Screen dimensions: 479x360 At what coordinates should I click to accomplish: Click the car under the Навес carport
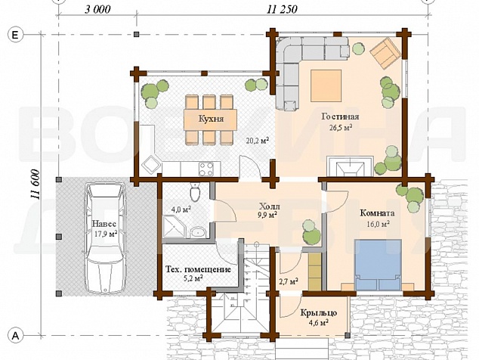coord(104,237)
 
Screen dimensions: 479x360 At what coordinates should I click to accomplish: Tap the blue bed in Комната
coord(378,265)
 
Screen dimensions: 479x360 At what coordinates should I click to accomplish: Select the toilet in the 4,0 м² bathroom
coord(195,191)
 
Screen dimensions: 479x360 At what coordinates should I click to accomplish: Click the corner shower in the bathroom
coord(174,226)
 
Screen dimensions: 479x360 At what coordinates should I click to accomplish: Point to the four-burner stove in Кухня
coord(206,169)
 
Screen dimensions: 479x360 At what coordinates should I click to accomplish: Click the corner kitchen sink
coord(151,165)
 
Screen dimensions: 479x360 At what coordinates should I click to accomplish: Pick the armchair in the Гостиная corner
coord(385,53)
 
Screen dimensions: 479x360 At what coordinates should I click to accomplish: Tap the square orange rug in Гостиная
coord(326,85)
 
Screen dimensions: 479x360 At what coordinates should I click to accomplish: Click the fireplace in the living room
coord(350,166)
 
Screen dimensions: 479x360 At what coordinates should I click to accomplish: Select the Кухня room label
coord(211,119)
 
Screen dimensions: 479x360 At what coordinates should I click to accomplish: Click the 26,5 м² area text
coord(341,127)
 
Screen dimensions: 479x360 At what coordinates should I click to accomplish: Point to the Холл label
coord(269,206)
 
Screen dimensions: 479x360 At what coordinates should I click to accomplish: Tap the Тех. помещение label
coord(198,270)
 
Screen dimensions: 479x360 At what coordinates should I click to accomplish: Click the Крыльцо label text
coord(319,313)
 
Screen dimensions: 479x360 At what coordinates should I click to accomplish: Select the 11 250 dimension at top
coord(282,10)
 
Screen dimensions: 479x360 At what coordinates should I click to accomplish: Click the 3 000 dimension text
coord(97,10)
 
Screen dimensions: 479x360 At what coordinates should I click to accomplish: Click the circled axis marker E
coord(14,36)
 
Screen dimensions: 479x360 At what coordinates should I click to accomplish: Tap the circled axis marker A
coord(15,335)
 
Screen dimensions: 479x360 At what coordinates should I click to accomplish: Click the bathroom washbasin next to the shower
coord(199,233)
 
